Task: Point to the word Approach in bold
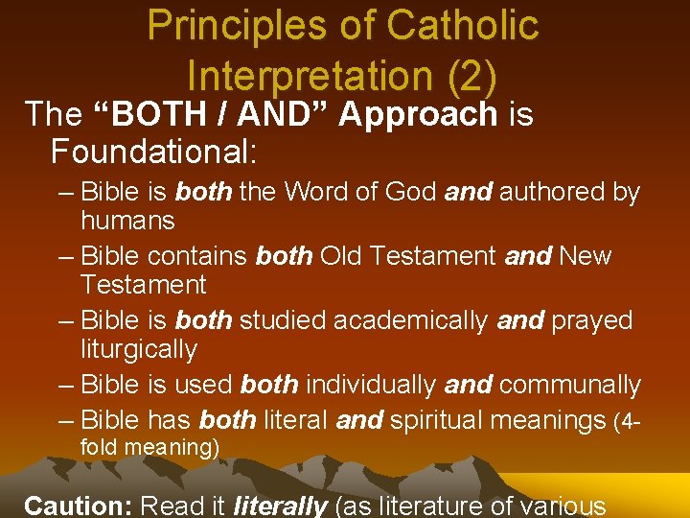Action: [x=418, y=115]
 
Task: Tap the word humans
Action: [x=127, y=221]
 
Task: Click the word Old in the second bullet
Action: [x=340, y=256]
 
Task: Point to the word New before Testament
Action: [x=585, y=256]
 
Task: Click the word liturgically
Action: [x=138, y=349]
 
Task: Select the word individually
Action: [x=372, y=385]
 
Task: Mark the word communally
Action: [x=569, y=385]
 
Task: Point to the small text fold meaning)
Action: [x=149, y=447]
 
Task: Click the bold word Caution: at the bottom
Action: [x=78, y=506]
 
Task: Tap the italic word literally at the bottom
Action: [x=283, y=506]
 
